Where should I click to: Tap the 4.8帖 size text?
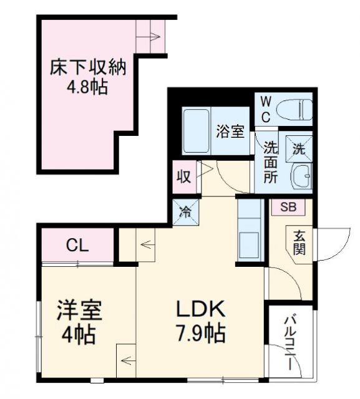[x=87, y=85]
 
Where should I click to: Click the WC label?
[x=265, y=108]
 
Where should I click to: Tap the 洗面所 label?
[x=270, y=161]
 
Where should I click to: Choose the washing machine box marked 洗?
[x=298, y=149]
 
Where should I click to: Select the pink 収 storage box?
[x=183, y=176]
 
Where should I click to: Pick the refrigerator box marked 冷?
[x=185, y=210]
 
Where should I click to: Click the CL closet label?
[x=78, y=245]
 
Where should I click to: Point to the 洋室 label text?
[x=77, y=310]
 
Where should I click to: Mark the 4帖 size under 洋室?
[x=77, y=335]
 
